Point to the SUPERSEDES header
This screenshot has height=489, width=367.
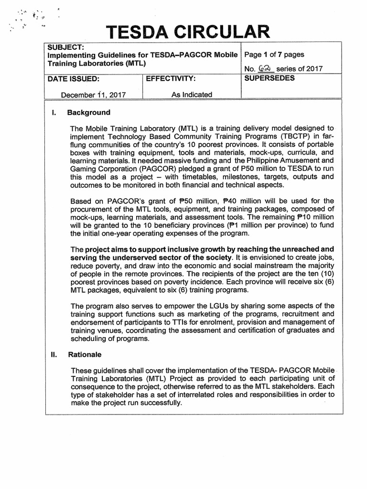269,78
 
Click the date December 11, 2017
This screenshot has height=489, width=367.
93,95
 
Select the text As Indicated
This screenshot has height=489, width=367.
192,95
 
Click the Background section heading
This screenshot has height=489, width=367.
89,113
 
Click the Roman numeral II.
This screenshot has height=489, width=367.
54,355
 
